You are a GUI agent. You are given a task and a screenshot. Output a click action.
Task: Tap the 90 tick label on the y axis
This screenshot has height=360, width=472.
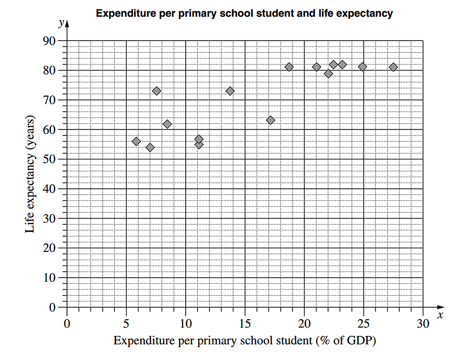(49, 41)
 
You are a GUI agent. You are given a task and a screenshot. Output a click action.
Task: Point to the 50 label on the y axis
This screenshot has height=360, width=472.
(49, 159)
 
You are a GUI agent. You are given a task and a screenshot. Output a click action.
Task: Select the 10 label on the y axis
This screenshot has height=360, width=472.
(49, 278)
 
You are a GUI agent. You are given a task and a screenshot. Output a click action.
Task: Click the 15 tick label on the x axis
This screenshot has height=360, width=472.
(245, 324)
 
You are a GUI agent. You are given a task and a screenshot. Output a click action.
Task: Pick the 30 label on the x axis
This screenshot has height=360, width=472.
(423, 324)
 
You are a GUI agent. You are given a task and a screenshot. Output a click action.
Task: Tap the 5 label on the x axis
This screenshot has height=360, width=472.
(126, 324)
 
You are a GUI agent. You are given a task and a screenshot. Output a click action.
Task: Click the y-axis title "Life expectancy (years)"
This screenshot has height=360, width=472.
(30, 174)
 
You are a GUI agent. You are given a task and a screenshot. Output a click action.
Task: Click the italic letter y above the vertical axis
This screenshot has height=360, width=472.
(61, 23)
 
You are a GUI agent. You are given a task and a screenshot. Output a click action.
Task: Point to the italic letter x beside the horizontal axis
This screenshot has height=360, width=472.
(440, 315)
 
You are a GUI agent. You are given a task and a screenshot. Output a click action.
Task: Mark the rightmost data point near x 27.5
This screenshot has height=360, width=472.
(394, 67)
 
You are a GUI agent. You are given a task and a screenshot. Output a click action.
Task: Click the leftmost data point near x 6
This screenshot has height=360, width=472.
(136, 141)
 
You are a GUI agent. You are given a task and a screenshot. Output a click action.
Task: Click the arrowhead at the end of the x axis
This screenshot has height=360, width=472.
(441, 307)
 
